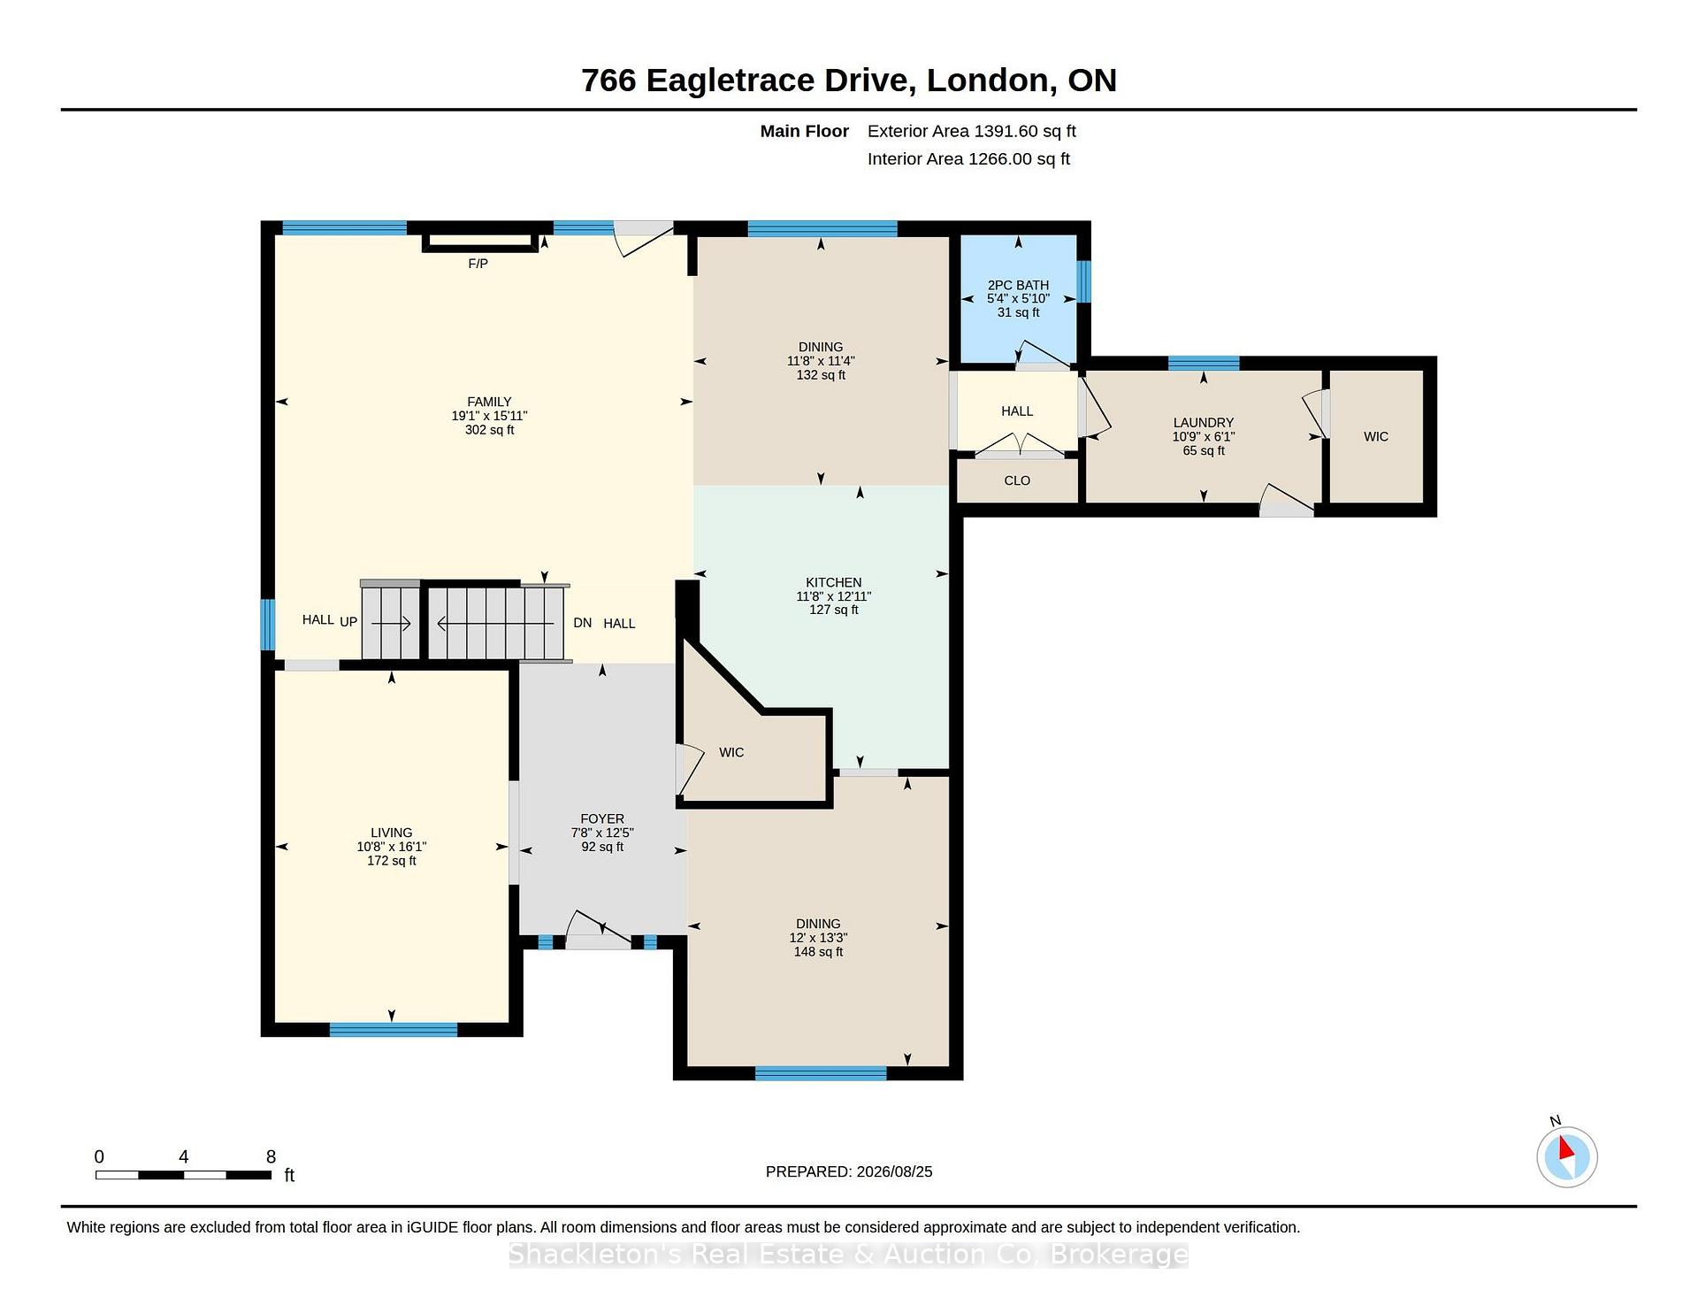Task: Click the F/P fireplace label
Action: [478, 264]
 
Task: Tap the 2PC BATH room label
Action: [1018, 285]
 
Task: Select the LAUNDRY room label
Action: [1203, 423]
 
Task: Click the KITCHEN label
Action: [833, 582]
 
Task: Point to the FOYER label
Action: [602, 819]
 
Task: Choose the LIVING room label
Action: [391, 833]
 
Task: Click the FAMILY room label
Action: [489, 402]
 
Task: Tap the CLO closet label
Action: [1017, 480]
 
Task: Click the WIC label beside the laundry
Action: [1376, 436]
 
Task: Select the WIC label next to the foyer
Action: [731, 752]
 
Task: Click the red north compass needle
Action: [1566, 1148]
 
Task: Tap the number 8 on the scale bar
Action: [271, 1156]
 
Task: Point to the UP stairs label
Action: [348, 622]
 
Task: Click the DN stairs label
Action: [582, 623]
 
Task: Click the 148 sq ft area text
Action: [818, 952]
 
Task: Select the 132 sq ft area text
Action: [821, 375]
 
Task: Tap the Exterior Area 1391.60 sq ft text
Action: [972, 131]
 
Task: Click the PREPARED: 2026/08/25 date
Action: [849, 1171]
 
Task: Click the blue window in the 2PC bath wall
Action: [1083, 281]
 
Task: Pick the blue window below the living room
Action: [394, 1029]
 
